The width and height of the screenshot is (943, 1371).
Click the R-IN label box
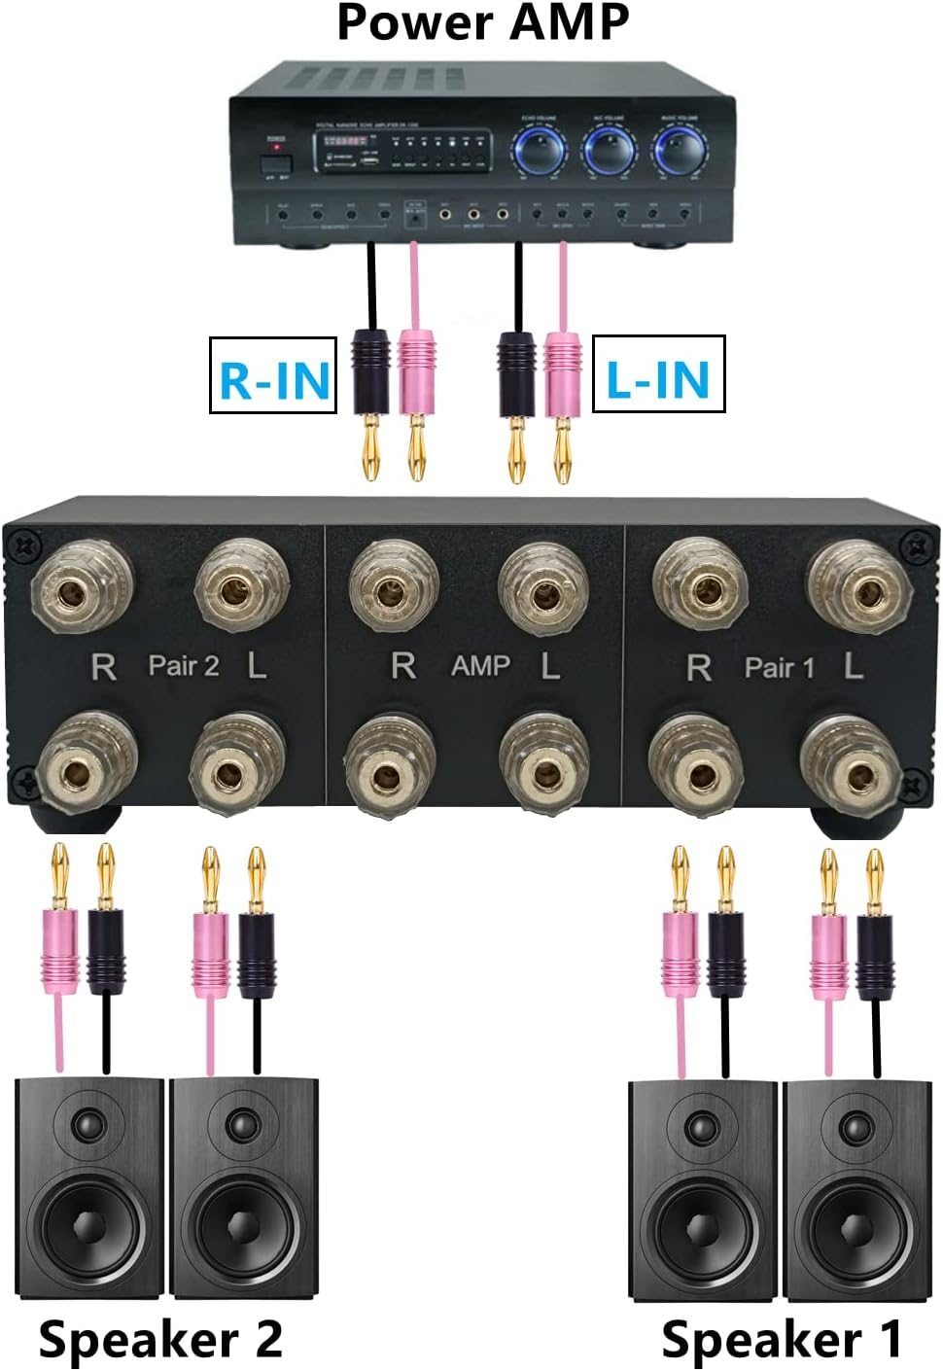click(x=273, y=375)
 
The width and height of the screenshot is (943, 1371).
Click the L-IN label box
click(x=658, y=374)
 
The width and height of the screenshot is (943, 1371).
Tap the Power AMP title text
click(x=482, y=22)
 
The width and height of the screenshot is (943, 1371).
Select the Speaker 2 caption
click(x=160, y=1339)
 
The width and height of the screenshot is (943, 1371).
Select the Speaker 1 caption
click(x=782, y=1339)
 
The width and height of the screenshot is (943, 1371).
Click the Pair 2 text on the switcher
click(x=184, y=666)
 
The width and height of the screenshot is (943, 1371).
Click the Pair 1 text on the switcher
click(x=779, y=667)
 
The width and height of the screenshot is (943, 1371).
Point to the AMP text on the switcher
click(x=480, y=666)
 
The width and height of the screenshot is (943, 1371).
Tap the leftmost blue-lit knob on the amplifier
click(x=540, y=151)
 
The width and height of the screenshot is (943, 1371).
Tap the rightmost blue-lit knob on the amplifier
click(x=681, y=151)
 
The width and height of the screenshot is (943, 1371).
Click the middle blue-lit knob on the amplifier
click(x=610, y=151)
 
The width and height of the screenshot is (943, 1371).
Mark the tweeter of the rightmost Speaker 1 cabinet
click(x=856, y=1128)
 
